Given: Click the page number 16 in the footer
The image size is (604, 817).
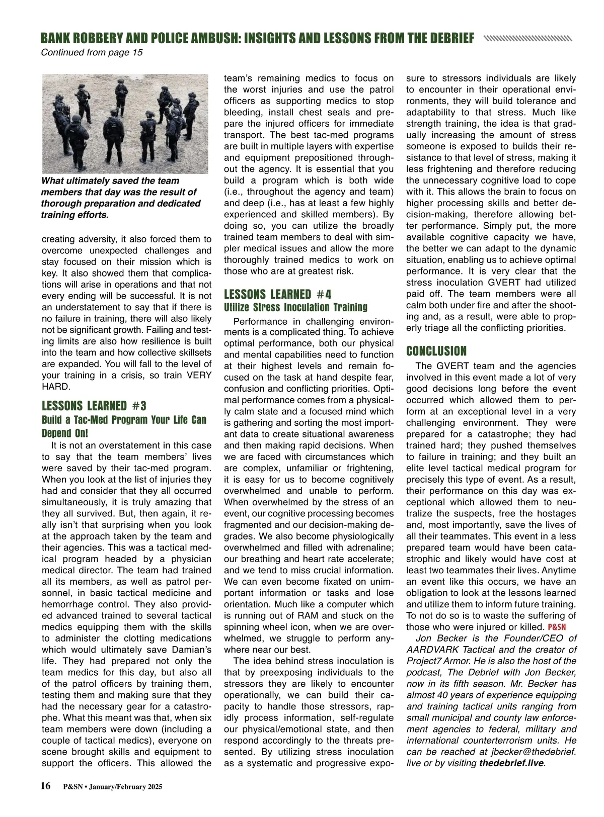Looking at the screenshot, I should click(46, 786).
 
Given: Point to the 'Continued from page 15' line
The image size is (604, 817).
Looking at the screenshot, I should click(92, 52).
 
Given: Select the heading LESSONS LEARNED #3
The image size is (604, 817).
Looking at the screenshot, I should click(94, 406).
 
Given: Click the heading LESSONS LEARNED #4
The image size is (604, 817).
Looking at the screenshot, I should click(277, 294).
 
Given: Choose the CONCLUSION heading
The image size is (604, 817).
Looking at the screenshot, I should click(436, 351).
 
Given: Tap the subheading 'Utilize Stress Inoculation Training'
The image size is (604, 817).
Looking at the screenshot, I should click(295, 307).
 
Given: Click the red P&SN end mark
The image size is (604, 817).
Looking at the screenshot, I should click(557, 627).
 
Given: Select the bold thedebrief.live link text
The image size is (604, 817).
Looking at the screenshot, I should click(511, 763).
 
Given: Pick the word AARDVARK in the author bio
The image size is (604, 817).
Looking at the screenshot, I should click(434, 650).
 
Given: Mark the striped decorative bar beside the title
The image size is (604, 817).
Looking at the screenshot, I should click(527, 38).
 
